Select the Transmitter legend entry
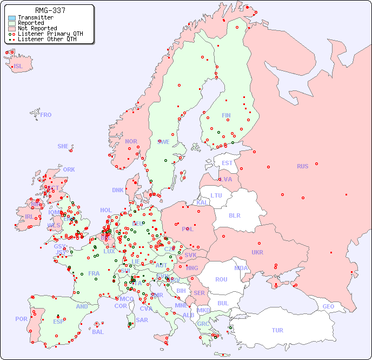pyautogui.click(x=35, y=17)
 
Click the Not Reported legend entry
pyautogui.click(x=37, y=28)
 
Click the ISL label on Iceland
pyautogui.click(x=18, y=67)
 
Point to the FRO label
pyautogui.click(x=46, y=115)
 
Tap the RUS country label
pyautogui.click(x=302, y=166)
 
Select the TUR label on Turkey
pyautogui.click(x=277, y=330)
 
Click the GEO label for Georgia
pyautogui.click(x=328, y=306)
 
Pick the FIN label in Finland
pyautogui.click(x=226, y=115)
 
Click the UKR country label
pyautogui.click(x=257, y=252)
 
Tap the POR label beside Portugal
pyautogui.click(x=21, y=319)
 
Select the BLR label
pyautogui.click(x=234, y=215)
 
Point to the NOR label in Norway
pyautogui.click(x=131, y=141)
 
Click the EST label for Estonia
pyautogui.click(x=227, y=163)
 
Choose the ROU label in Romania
pyautogui.click(x=221, y=279)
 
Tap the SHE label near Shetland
pyautogui.click(x=63, y=146)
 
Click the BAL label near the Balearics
pyautogui.click(x=98, y=332)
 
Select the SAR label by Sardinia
pyautogui.click(x=142, y=320)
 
